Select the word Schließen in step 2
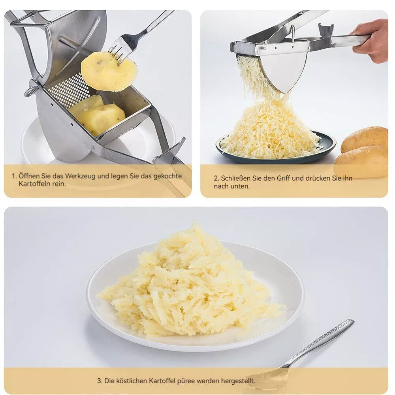click(x=236, y=178)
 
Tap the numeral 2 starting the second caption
click(x=216, y=179)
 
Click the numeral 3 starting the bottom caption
click(x=99, y=381)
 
